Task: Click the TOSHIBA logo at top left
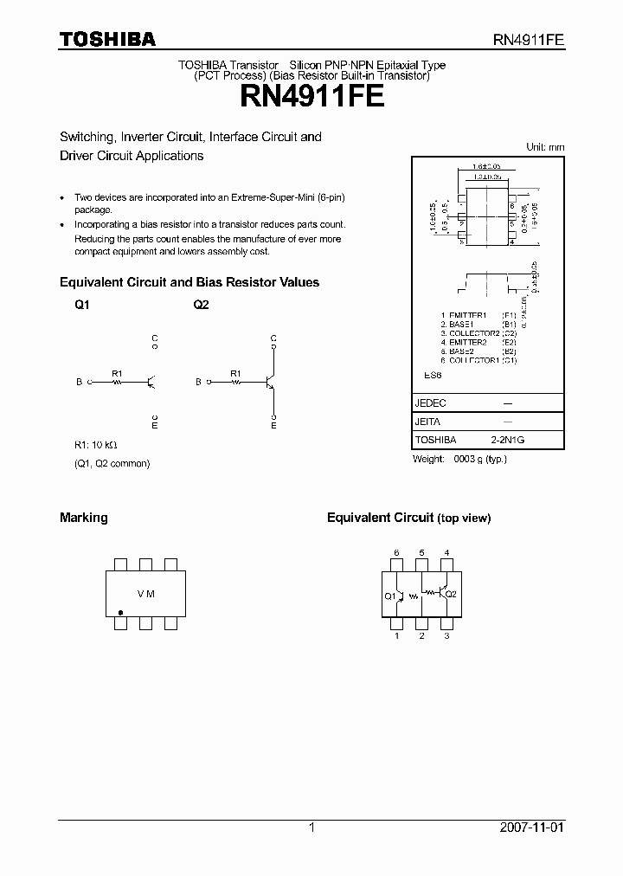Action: click(x=107, y=39)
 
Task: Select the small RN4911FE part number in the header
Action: click(x=530, y=40)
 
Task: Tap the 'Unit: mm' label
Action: click(x=545, y=147)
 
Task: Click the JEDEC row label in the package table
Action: click(x=431, y=403)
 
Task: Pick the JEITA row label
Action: click(x=428, y=422)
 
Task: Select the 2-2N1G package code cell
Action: click(x=508, y=440)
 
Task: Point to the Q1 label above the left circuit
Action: click(x=81, y=305)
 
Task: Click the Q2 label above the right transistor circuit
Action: click(x=201, y=305)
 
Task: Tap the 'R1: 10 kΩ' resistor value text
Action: click(x=96, y=445)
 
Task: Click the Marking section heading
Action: click(x=84, y=518)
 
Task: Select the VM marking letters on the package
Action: click(x=146, y=594)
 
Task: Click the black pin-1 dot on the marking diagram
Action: click(x=120, y=611)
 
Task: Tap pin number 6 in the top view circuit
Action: click(x=396, y=552)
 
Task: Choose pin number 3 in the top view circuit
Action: click(x=446, y=636)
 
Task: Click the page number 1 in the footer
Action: click(x=311, y=828)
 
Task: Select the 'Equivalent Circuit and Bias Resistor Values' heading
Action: click(x=189, y=282)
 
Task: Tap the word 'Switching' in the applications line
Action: click(x=87, y=137)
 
